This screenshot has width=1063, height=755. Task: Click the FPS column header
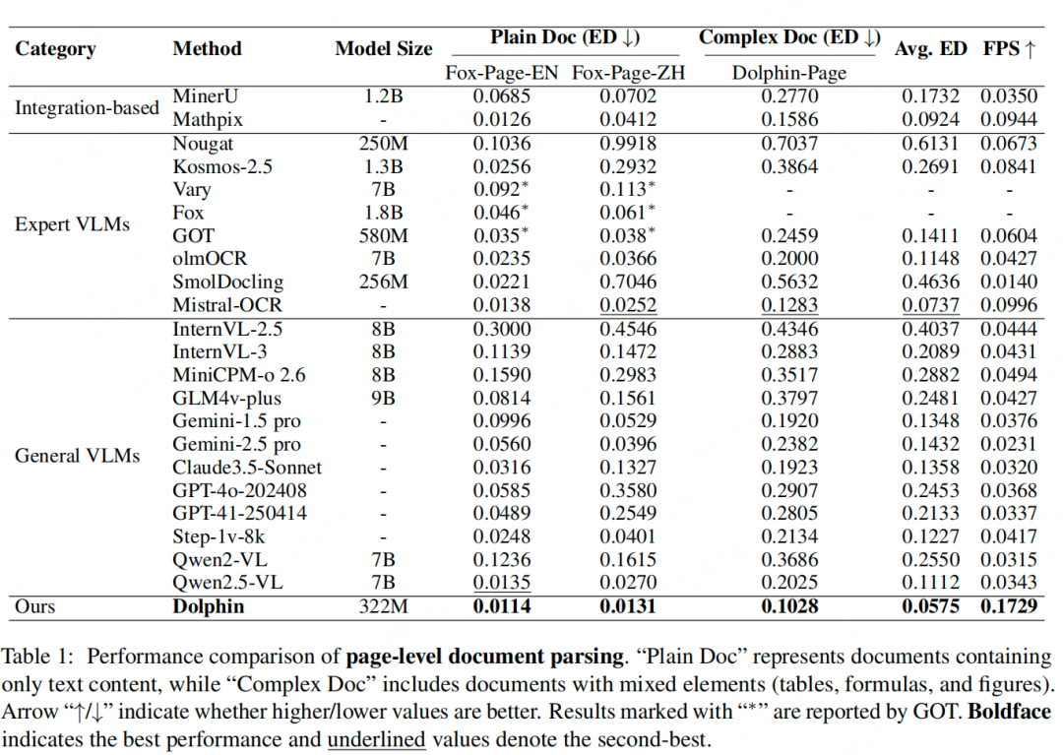coord(1010,49)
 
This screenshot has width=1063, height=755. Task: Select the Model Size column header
coord(384,49)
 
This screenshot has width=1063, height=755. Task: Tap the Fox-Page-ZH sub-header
coord(628,73)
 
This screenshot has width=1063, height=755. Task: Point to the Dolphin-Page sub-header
coord(789,73)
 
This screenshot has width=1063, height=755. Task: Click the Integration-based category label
coord(87,107)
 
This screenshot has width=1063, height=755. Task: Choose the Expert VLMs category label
coord(73,224)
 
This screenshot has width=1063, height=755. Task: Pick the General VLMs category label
coord(78,456)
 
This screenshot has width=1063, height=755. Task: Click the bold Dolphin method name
coord(208,606)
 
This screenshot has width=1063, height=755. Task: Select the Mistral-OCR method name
coord(227,305)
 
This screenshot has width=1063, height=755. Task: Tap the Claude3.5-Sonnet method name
coord(247,467)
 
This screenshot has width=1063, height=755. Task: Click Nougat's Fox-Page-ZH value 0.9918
coord(628,144)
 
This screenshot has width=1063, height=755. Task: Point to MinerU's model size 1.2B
coord(383,96)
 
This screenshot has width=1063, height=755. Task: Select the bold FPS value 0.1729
coord(1009,606)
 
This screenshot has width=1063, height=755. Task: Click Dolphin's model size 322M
coord(383,606)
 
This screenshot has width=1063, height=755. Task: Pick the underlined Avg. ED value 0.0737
coord(930,306)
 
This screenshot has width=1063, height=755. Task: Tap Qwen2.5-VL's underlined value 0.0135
coord(502,583)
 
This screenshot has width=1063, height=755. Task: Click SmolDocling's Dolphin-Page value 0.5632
coord(789,282)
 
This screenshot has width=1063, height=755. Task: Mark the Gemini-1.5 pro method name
coord(236,421)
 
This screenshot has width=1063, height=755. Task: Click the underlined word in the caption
coord(376,739)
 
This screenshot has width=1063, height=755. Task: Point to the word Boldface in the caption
coord(1010,712)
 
